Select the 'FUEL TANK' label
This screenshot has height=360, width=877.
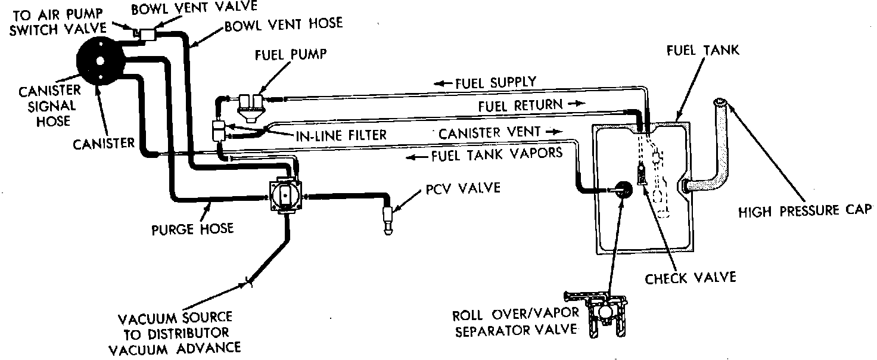tap(702, 51)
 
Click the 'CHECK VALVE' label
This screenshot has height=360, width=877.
tap(691, 277)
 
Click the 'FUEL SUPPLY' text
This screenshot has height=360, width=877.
tap(496, 82)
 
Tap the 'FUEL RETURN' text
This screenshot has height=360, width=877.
tap(520, 105)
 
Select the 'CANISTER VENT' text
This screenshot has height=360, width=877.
tap(490, 132)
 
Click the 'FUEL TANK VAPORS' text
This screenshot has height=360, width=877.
tap(496, 153)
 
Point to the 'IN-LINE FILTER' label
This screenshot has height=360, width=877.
tap(341, 135)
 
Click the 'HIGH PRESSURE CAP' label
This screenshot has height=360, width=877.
tap(805, 210)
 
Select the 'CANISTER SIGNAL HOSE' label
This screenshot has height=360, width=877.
tap(46, 106)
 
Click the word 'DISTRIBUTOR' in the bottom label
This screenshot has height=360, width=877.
tap(179, 332)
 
